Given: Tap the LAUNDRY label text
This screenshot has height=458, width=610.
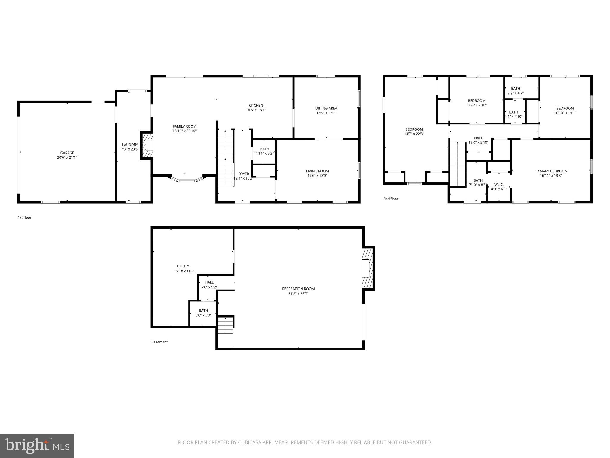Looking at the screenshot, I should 130,145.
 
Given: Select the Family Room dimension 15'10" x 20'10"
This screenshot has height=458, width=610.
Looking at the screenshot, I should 184,131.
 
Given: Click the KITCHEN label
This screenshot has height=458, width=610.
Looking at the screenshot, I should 256,105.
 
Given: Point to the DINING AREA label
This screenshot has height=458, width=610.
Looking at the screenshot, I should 326,108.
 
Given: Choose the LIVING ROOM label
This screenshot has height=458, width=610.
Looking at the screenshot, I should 317,171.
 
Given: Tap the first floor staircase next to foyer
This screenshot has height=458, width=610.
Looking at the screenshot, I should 225,158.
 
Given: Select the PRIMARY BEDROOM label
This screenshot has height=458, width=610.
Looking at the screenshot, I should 550,171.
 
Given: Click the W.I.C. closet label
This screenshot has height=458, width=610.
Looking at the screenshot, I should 499,185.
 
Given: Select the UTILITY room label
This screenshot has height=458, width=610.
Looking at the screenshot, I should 183,266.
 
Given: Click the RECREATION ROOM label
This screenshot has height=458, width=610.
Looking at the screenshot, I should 298,289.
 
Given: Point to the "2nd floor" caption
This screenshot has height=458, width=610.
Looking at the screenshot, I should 390,199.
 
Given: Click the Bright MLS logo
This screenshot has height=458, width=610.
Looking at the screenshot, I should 37,445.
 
